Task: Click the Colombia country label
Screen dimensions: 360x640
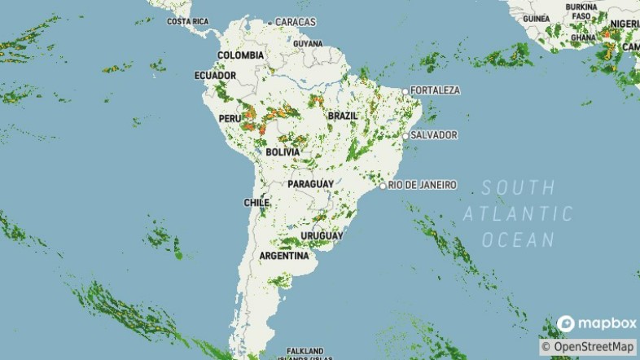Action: pos(240,55)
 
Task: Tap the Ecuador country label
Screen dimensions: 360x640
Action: pos(215,76)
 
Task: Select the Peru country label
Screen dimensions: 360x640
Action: pos(229,119)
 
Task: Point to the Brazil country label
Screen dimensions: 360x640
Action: pos(342,116)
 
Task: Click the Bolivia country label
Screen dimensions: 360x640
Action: pos(283,152)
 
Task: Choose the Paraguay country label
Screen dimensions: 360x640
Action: pos(310,184)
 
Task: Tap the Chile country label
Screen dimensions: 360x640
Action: pos(256,203)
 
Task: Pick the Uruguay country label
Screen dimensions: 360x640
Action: pos(322,236)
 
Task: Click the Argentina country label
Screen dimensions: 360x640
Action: pos(283,256)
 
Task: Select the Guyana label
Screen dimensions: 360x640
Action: pos(308,43)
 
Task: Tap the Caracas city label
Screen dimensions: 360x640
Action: pos(296,21)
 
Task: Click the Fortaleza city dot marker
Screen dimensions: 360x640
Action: pos(405,90)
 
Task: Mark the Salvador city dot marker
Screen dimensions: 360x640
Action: pos(405,136)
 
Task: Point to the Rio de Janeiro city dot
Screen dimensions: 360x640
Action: pos(383,187)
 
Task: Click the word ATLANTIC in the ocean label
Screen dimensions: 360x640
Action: pos(519,214)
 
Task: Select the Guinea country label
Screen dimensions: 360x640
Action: pos(537,19)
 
